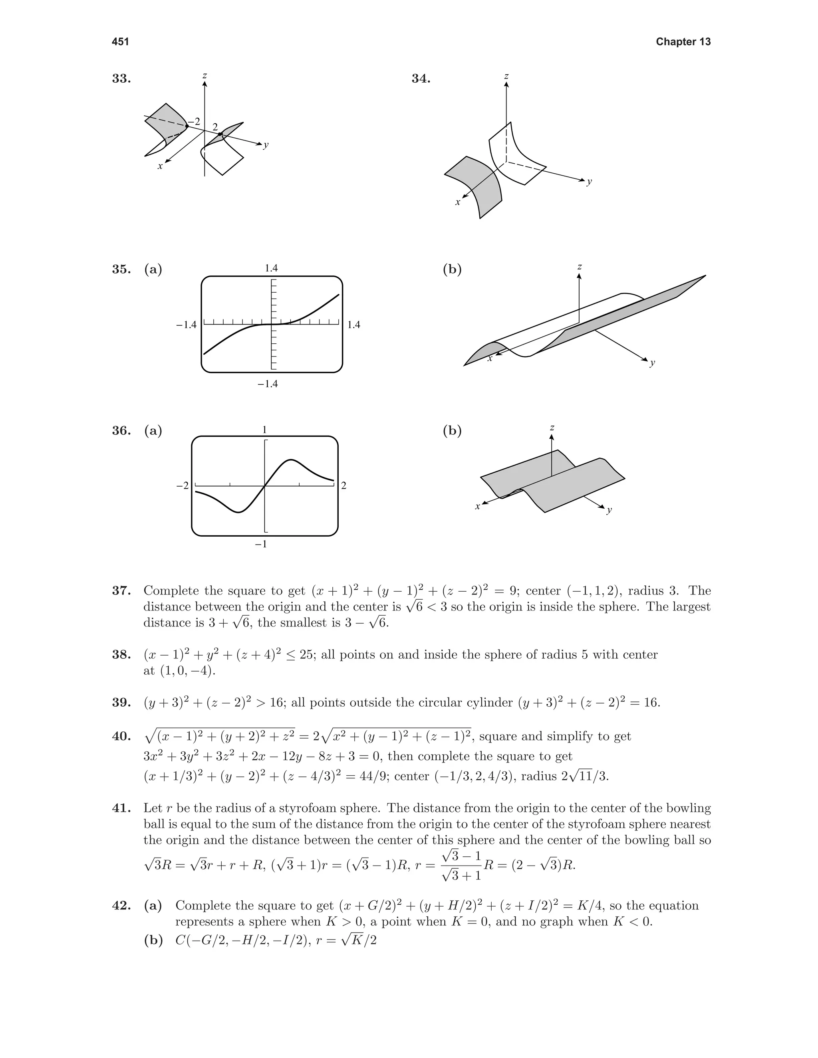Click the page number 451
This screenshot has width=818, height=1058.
tap(120, 42)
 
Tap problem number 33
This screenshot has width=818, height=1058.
tap(121, 79)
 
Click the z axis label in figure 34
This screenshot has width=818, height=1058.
tap(506, 77)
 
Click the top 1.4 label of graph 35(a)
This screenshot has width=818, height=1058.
tap(271, 268)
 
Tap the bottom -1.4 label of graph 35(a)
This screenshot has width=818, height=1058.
tap(268, 384)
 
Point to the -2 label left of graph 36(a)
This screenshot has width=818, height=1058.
tap(182, 485)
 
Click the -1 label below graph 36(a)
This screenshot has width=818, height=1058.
tap(261, 545)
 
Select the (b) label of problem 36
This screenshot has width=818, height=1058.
tap(452, 431)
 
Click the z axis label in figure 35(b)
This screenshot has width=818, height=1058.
tap(580, 267)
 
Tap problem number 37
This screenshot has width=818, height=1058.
tap(121, 590)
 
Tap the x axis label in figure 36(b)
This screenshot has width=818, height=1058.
tap(477, 507)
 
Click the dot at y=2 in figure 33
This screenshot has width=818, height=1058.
tap(220, 134)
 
